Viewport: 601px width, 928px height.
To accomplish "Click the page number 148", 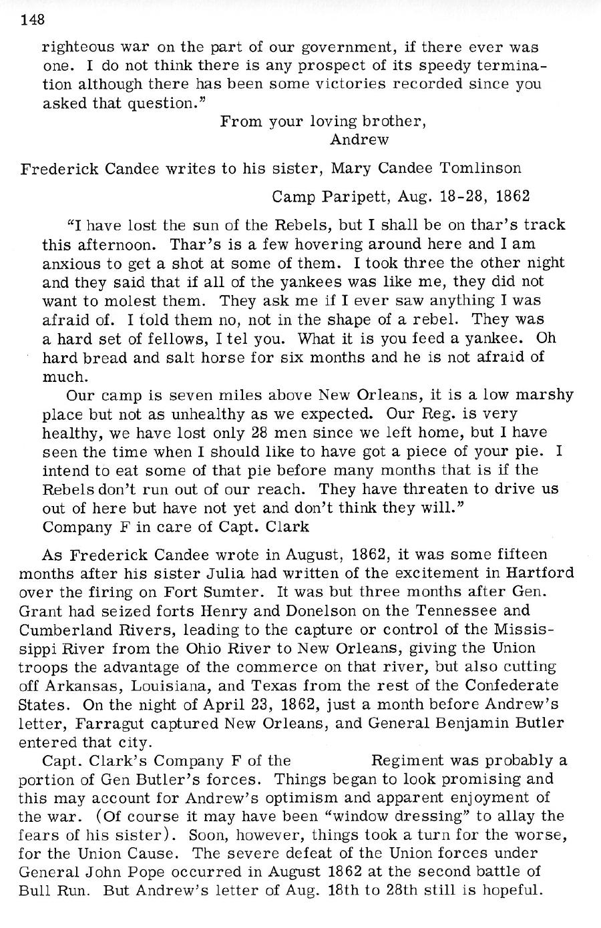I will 32,19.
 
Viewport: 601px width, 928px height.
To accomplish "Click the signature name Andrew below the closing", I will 359,140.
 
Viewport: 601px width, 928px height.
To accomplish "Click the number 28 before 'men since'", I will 258,432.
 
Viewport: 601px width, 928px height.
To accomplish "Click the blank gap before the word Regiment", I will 330,760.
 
